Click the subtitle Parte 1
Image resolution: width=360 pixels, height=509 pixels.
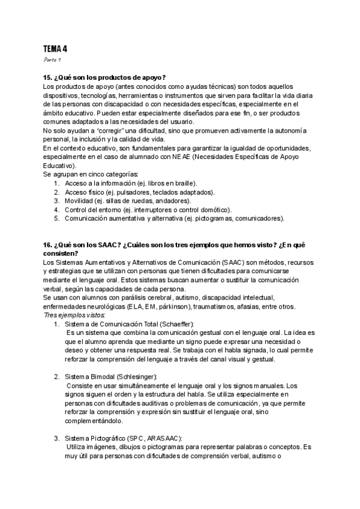pyautogui.click(x=52, y=61)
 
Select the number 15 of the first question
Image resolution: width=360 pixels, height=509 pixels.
pyautogui.click(x=47, y=78)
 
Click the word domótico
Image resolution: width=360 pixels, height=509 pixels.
pyautogui.click(x=214, y=209)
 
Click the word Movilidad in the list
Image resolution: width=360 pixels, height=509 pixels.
pyautogui.click(x=79, y=200)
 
